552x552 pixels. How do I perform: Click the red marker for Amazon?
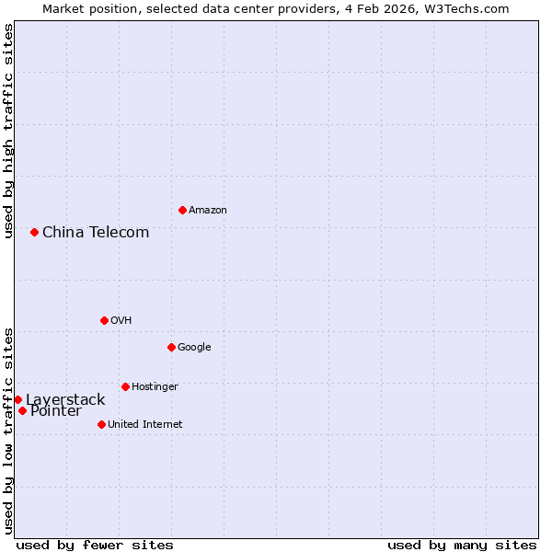182,210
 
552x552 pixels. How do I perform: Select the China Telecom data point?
34,232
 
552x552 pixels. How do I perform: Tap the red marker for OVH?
104,320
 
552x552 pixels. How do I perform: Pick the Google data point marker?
171,347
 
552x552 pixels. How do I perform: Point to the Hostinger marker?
125,386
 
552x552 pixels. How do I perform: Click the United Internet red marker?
101,424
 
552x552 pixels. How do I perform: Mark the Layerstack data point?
17,399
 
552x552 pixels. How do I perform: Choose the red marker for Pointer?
22,410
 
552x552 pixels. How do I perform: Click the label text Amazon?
208,211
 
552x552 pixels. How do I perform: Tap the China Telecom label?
96,232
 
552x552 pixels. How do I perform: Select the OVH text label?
121,320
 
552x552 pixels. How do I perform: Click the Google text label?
194,347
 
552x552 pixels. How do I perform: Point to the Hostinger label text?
155,386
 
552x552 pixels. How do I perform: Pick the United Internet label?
144,424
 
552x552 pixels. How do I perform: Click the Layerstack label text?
65,399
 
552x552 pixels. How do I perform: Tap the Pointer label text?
55,411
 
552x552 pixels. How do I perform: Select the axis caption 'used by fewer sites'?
95,545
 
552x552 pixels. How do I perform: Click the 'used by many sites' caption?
462,545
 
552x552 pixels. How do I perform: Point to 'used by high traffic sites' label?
8,131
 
